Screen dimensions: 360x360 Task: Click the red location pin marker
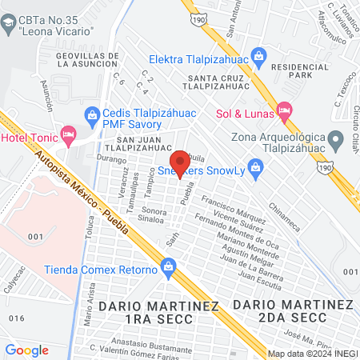pyautogui.click(x=180, y=162)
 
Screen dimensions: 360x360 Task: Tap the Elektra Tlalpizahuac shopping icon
pyautogui.click(x=258, y=56)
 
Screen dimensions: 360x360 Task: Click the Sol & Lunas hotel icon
pyautogui.click(x=283, y=111)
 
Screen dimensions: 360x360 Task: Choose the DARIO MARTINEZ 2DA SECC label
pyautogui.click(x=294, y=312)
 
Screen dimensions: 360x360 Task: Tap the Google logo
pyautogui.click(x=26, y=350)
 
